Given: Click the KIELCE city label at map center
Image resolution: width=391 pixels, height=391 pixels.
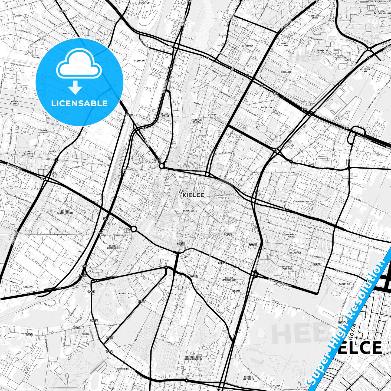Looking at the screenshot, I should pyautogui.click(x=193, y=195).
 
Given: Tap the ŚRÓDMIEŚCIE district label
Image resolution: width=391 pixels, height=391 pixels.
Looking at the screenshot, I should pyautogui.click(x=190, y=211).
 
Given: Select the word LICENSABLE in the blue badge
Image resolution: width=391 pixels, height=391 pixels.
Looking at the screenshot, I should pyautogui.click(x=79, y=103).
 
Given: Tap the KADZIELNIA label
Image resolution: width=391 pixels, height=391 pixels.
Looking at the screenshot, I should pyautogui.click(x=125, y=293).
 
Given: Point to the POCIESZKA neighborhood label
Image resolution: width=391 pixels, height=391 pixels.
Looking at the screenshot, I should pyautogui.click(x=267, y=107).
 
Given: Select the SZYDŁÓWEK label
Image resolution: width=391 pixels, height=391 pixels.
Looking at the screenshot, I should pyautogui.click(x=247, y=46).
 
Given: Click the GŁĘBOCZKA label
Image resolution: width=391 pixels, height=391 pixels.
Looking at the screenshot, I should pyautogui.click(x=140, y=61).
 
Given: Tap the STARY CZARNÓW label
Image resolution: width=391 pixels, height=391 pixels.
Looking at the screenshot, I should pyautogui.click(x=28, y=153).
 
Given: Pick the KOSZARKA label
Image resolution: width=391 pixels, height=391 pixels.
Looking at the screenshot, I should pyautogui.click(x=28, y=287).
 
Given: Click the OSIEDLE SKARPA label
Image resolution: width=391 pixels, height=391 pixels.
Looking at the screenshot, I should pyautogui.click(x=196, y=121).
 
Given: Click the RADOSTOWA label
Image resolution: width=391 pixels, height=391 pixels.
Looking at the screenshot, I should pyautogui.click(x=344, y=284).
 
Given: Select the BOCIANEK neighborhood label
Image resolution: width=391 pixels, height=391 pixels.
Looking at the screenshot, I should pyautogui.click(x=286, y=72).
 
